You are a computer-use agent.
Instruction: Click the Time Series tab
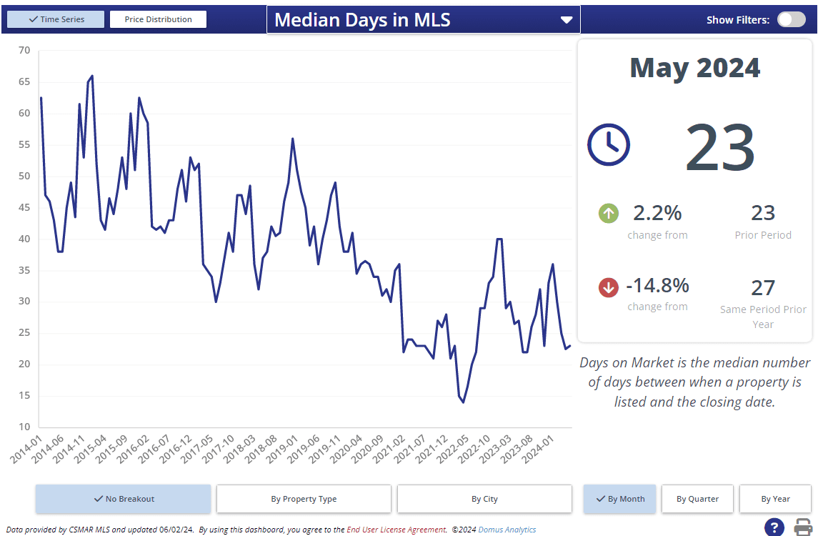(x=56, y=19)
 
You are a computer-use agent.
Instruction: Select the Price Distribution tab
(x=158, y=19)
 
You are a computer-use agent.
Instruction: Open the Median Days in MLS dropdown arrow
(x=567, y=20)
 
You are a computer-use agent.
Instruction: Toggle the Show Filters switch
(x=791, y=19)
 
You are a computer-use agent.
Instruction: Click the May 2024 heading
(x=694, y=68)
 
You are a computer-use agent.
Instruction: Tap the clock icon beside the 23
(x=609, y=144)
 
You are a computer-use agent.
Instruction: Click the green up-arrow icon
(x=609, y=213)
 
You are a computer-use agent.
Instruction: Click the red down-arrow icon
(x=609, y=287)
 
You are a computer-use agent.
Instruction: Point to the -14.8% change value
(x=657, y=286)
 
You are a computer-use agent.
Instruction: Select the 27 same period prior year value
(x=763, y=287)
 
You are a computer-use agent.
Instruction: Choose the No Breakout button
(x=124, y=499)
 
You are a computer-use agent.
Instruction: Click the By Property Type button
(x=304, y=499)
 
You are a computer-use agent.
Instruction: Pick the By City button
(x=484, y=499)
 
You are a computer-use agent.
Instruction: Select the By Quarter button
(x=697, y=499)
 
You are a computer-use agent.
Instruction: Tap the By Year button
(x=775, y=499)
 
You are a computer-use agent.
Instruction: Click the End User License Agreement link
(x=396, y=530)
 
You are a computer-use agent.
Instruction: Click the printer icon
(x=804, y=527)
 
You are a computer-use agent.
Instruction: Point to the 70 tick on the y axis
(x=24, y=50)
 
